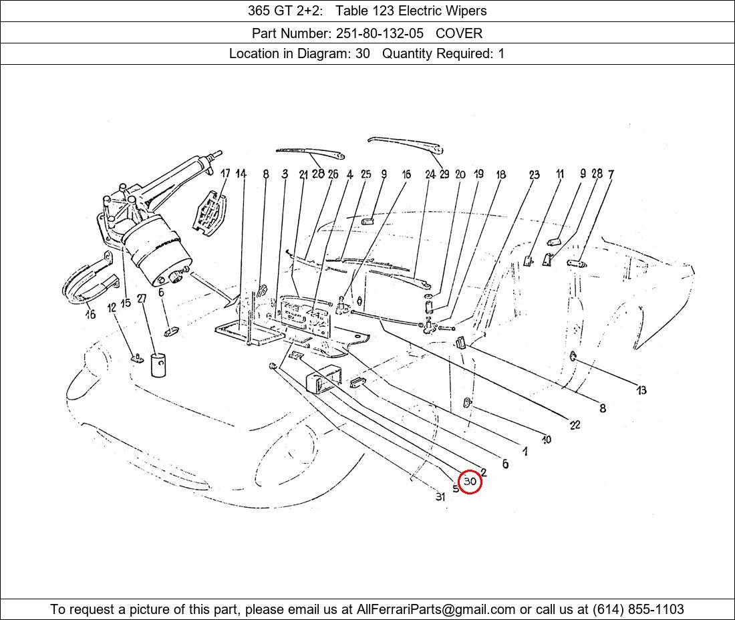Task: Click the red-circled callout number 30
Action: pos(470,482)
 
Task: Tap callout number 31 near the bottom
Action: pos(440,497)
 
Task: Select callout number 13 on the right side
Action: pos(641,390)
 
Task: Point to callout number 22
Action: pos(575,425)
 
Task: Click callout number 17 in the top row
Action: pos(225,174)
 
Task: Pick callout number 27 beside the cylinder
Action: pos(142,299)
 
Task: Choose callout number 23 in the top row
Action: pos(535,175)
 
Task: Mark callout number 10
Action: pos(547,440)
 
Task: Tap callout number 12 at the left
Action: pos(112,308)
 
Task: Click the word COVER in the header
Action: pos(459,33)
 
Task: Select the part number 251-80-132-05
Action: pos(380,33)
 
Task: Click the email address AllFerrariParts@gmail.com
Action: pos(436,609)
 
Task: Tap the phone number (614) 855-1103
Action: pos(638,609)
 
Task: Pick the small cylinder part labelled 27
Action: pos(158,365)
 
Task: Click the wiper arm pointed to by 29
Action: pos(406,145)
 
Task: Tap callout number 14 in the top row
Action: pos(241,174)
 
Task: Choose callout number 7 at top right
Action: pos(611,174)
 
